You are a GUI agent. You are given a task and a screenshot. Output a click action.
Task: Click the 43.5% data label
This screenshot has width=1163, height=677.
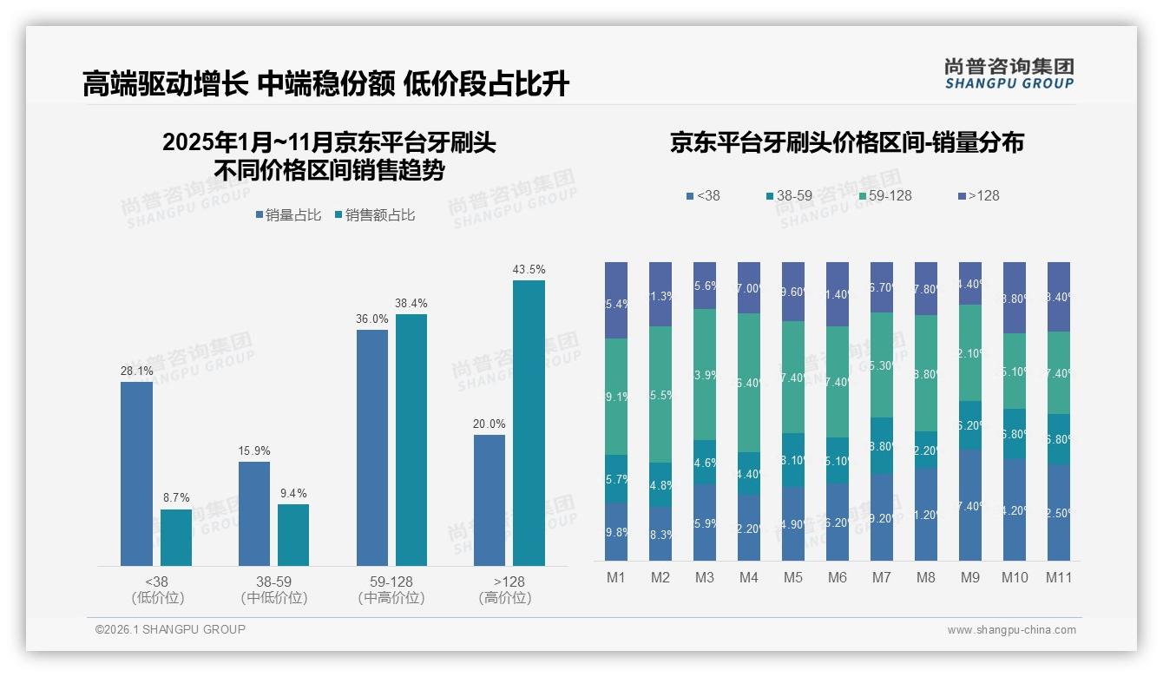[x=529, y=270]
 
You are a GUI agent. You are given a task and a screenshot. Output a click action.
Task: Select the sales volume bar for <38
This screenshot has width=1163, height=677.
[x=136, y=474]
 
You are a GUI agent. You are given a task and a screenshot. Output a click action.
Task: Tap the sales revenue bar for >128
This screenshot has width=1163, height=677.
[x=529, y=423]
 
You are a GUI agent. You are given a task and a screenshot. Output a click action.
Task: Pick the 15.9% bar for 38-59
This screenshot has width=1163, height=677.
[x=254, y=514]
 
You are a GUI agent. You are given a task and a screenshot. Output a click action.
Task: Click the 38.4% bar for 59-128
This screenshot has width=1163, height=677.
[x=411, y=440]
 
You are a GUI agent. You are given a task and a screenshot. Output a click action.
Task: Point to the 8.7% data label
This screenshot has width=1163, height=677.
[x=175, y=498]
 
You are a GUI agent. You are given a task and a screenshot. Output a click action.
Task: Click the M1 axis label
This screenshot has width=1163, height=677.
[x=616, y=577]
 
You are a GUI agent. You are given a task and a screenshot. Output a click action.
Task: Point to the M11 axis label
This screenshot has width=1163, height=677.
[x=1058, y=577]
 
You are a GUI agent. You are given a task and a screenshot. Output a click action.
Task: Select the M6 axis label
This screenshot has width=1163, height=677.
[x=837, y=577]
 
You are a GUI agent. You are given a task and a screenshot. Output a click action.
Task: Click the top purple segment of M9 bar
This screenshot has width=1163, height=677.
[x=969, y=283]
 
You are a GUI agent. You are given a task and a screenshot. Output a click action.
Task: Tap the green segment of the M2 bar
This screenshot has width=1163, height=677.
[x=660, y=394]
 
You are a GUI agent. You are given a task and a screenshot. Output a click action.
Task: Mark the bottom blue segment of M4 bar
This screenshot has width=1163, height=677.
[x=749, y=528]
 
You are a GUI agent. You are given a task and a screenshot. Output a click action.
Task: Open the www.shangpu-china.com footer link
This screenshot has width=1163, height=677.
[x=1011, y=630]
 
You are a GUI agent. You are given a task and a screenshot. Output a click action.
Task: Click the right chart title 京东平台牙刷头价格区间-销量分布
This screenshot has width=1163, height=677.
[x=846, y=143]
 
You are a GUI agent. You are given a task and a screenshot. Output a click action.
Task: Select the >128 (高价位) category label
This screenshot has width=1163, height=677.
[x=505, y=589]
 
